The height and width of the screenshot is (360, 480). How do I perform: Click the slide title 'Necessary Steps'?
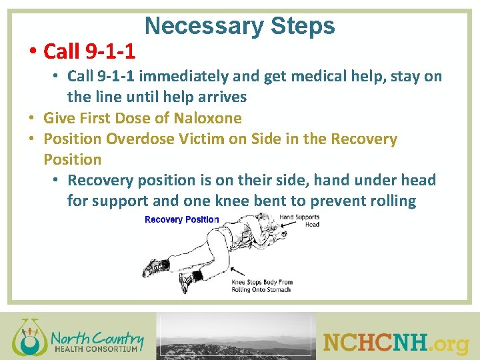point(239,26)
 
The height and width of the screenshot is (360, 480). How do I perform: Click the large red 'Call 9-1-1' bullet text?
point(89,51)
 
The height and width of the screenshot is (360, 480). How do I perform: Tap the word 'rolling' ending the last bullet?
point(392,201)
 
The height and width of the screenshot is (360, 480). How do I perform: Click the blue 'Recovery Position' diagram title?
point(181,219)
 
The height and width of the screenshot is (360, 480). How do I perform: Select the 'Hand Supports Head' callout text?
point(299,221)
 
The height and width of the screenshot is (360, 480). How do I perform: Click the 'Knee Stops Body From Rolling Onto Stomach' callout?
point(262,286)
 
